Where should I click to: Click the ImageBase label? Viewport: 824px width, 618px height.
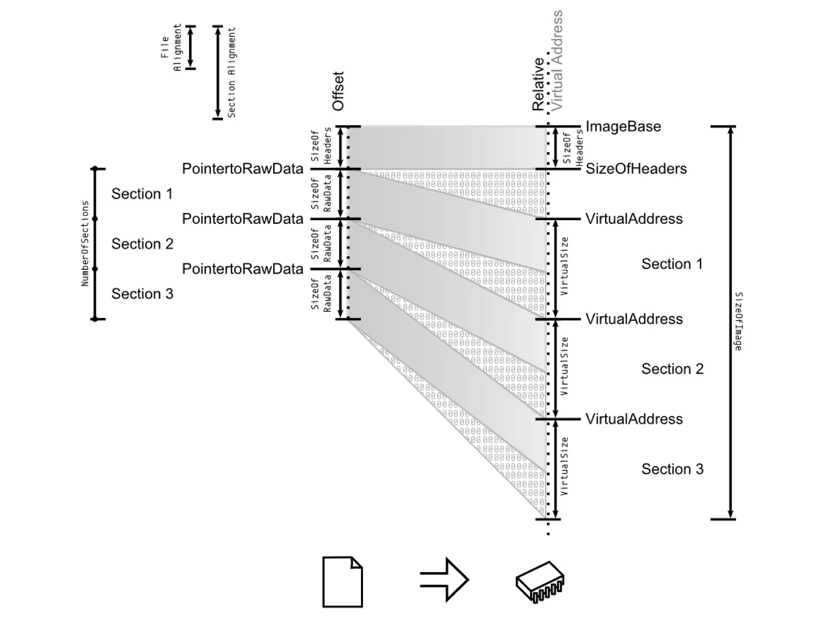point(623,126)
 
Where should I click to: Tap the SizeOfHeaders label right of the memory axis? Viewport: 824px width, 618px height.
point(636,169)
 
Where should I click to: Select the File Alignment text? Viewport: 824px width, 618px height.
point(171,48)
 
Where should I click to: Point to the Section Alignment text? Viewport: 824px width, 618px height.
point(232,72)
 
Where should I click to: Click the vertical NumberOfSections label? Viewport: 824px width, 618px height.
point(85,244)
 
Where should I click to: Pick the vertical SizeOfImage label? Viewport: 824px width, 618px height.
point(739,321)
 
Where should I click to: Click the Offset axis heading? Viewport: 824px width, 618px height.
point(338,91)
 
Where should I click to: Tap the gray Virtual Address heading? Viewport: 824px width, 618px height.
point(557,60)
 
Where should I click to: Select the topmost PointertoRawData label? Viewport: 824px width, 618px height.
point(242,169)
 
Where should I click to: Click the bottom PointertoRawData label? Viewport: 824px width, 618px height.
point(242,269)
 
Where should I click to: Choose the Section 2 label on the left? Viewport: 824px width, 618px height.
point(142,244)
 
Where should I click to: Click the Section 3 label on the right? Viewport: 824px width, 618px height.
point(672,469)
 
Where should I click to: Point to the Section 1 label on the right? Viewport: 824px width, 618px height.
point(672,264)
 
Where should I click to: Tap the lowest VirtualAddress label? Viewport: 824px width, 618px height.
point(634,419)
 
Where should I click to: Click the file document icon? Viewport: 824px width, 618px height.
point(342,582)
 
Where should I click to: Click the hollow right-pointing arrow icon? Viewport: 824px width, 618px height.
point(444,580)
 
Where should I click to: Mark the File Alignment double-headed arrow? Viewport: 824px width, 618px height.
point(191,48)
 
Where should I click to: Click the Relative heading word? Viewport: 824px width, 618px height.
point(538,85)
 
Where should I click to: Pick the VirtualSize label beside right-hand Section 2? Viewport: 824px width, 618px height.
point(564,366)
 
